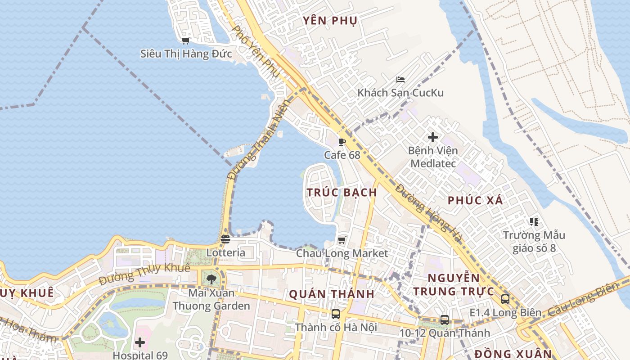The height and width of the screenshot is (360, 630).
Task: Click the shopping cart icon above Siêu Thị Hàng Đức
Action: (185, 40)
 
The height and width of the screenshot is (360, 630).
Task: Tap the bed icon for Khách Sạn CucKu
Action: (400, 80)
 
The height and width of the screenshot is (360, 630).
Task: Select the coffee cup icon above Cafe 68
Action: (342, 142)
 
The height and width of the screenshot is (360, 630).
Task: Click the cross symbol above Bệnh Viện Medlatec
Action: (433, 137)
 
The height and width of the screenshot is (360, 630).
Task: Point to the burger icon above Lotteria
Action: (225, 239)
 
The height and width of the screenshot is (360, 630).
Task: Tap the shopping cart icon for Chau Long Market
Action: (342, 240)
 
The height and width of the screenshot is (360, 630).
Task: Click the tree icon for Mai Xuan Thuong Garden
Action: (211, 279)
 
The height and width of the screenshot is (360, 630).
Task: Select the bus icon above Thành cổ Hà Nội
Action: (336, 314)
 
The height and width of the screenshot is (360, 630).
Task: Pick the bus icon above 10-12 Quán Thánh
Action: (445, 320)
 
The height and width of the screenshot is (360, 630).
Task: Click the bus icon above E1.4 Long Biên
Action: (505, 299)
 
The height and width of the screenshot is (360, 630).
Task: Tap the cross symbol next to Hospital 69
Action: (140, 342)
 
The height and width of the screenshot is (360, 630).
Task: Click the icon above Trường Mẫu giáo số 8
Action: (534, 221)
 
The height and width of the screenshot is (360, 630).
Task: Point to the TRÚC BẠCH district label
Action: (342, 192)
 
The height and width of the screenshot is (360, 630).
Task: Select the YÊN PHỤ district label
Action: (330, 21)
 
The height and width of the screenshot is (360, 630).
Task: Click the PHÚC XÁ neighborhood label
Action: (475, 201)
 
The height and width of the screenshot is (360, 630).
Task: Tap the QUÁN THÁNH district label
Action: (332, 294)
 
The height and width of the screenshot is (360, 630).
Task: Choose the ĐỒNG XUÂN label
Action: (513, 353)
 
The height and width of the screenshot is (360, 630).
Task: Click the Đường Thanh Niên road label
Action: (258, 139)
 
